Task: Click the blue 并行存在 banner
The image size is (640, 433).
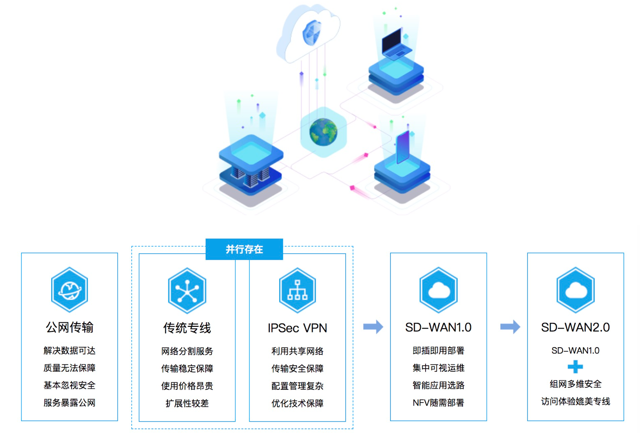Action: [244, 249]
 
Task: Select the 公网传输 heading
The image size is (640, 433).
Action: [69, 327]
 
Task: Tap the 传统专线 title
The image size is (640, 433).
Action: [187, 328]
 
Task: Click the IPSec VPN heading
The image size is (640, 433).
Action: [297, 328]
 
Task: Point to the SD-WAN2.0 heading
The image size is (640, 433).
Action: [575, 327]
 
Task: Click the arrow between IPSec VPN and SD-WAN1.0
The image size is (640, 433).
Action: [373, 327]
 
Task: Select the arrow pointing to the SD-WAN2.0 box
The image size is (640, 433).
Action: [510, 327]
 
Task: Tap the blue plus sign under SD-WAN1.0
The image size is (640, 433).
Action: [575, 367]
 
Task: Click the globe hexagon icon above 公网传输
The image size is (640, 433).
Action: [69, 290]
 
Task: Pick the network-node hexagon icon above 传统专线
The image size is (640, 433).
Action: [187, 291]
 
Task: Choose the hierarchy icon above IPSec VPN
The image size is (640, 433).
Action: [297, 290]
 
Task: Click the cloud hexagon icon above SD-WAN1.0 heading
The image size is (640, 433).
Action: [439, 290]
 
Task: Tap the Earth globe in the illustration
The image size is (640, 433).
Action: [323, 132]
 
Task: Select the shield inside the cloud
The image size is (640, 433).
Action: [311, 33]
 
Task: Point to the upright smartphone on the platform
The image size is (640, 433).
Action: [403, 147]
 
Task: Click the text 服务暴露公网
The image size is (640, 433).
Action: [69, 403]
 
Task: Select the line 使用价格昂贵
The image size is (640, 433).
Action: [187, 386]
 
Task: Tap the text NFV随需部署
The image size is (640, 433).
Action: [439, 403]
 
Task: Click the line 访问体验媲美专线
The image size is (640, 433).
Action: [575, 401]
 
